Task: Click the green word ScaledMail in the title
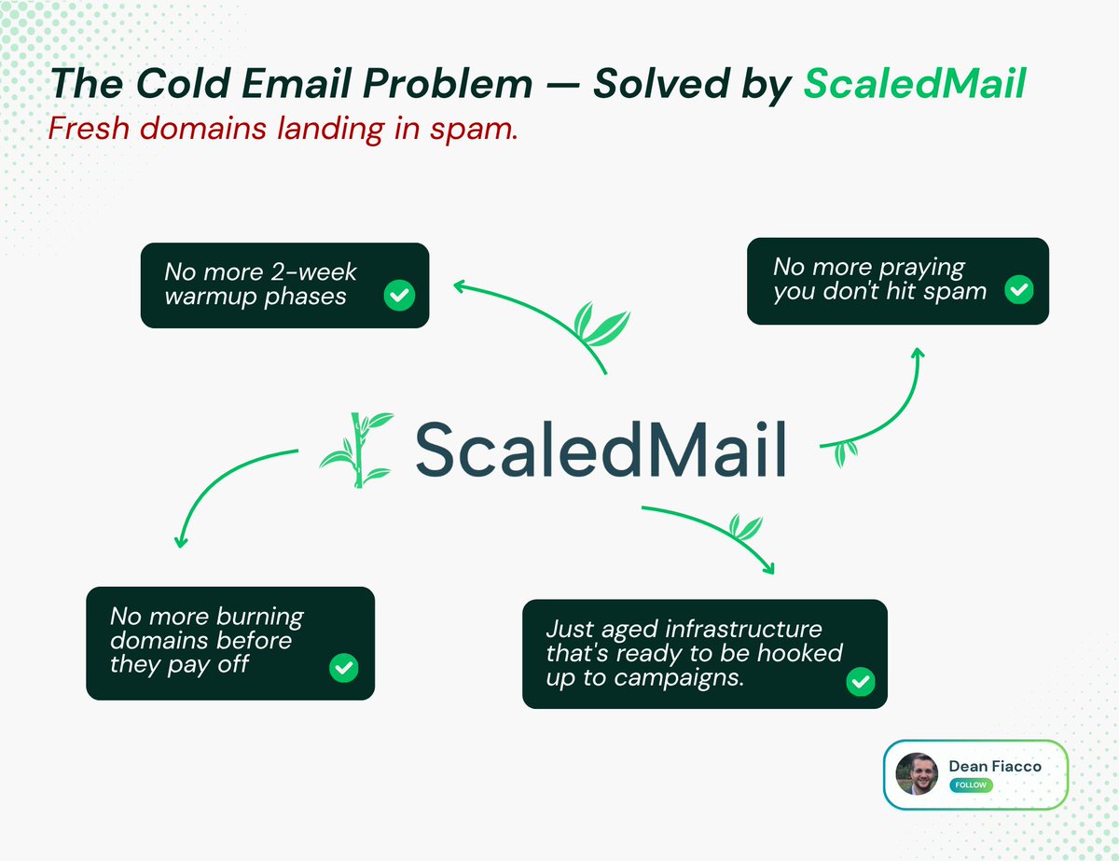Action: coord(915,83)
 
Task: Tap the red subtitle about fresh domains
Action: coord(283,128)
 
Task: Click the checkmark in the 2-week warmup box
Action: coord(399,295)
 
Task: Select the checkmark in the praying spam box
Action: coord(1018,289)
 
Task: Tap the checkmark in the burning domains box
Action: coord(344,668)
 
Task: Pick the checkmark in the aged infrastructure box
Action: coord(861,682)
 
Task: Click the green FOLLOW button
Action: coord(971,785)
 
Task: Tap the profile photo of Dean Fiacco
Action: coord(917,774)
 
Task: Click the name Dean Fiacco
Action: coord(995,766)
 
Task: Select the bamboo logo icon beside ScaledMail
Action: coord(357,450)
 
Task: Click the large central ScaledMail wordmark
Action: coord(601,449)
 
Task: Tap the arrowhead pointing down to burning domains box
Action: coord(181,543)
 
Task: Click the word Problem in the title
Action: coord(448,83)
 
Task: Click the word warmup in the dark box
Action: coord(211,298)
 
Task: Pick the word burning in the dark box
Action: coord(260,617)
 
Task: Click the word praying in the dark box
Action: coord(921,268)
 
